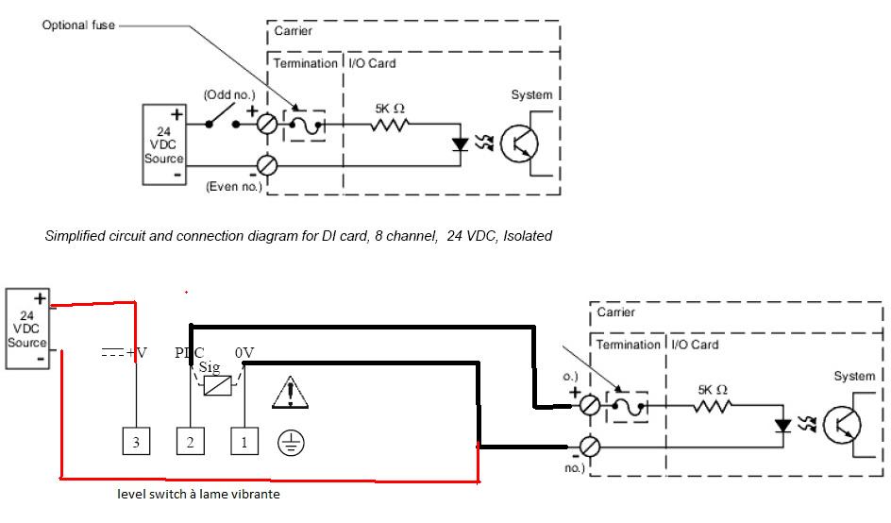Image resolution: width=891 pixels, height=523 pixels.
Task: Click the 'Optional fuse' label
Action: (x=77, y=25)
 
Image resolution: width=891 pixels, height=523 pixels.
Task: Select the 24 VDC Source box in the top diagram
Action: (x=162, y=145)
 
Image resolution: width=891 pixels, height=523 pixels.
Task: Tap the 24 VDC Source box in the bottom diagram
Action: (x=26, y=326)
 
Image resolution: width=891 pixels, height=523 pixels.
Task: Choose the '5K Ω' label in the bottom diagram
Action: (x=712, y=389)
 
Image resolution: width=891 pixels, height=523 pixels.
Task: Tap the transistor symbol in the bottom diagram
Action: (x=842, y=426)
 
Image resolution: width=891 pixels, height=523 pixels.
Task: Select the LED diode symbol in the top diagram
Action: (x=460, y=145)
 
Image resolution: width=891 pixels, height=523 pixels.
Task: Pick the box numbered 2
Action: (x=190, y=442)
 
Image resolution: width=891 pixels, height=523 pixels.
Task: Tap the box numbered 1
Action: (x=244, y=442)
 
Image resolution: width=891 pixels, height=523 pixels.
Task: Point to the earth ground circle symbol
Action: (x=289, y=443)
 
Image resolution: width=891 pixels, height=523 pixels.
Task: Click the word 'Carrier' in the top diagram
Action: (x=293, y=31)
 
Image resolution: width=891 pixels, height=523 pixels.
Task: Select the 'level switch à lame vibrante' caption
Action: (x=198, y=494)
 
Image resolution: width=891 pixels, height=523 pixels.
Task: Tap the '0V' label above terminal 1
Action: (x=245, y=352)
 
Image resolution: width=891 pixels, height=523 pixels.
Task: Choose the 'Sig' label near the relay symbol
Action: (x=209, y=368)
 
